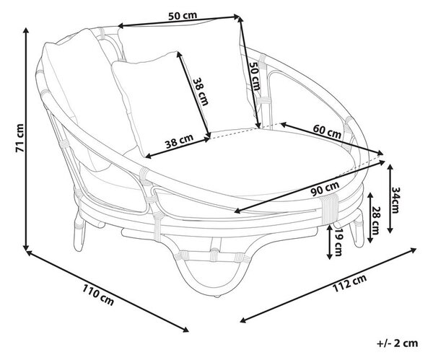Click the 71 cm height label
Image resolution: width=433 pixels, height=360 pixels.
click(19, 138)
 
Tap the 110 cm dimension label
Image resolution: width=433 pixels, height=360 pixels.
click(98, 294)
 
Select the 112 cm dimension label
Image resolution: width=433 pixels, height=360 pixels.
click(349, 283)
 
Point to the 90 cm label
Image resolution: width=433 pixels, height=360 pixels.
click(325, 188)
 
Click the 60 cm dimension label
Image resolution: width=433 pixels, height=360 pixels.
click(327, 131)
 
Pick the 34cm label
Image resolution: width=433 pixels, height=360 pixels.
click(395, 200)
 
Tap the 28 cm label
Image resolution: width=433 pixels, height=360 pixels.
click(375, 221)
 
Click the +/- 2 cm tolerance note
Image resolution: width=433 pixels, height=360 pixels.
click(398, 343)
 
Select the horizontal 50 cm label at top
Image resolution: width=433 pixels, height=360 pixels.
click(183, 15)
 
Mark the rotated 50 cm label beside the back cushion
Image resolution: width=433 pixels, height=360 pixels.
click(255, 76)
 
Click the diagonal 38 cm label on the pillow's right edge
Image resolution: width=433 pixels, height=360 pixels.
click(200, 92)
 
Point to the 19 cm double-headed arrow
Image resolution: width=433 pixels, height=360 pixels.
click(330, 242)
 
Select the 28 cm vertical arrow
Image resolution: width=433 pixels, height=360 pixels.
click(370, 218)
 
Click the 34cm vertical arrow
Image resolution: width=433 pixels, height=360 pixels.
click(390, 198)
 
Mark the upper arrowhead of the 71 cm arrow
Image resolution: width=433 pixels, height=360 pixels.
click(26, 30)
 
